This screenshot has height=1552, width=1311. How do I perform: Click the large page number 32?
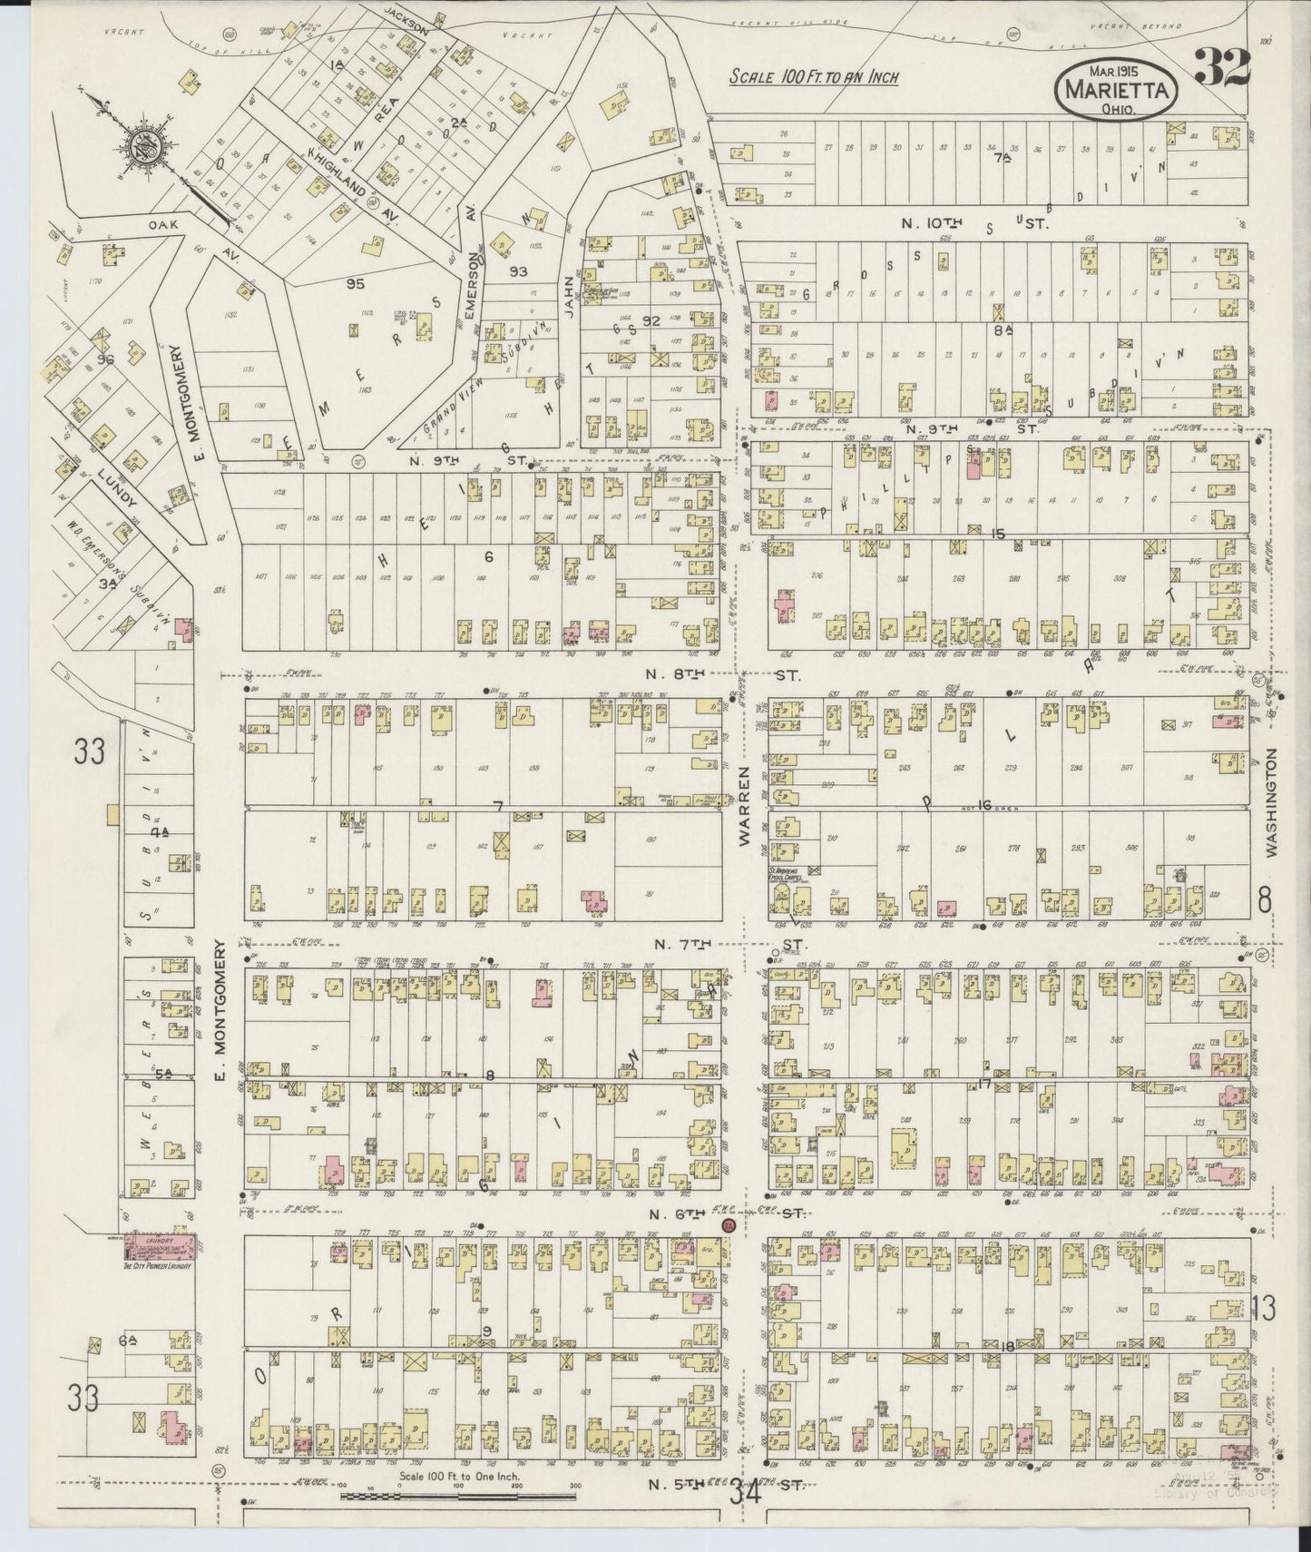1223,67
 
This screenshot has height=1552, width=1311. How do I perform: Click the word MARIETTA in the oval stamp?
1117,89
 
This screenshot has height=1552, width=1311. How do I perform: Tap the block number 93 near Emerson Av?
519,270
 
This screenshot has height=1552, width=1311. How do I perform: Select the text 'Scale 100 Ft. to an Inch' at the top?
814,76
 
